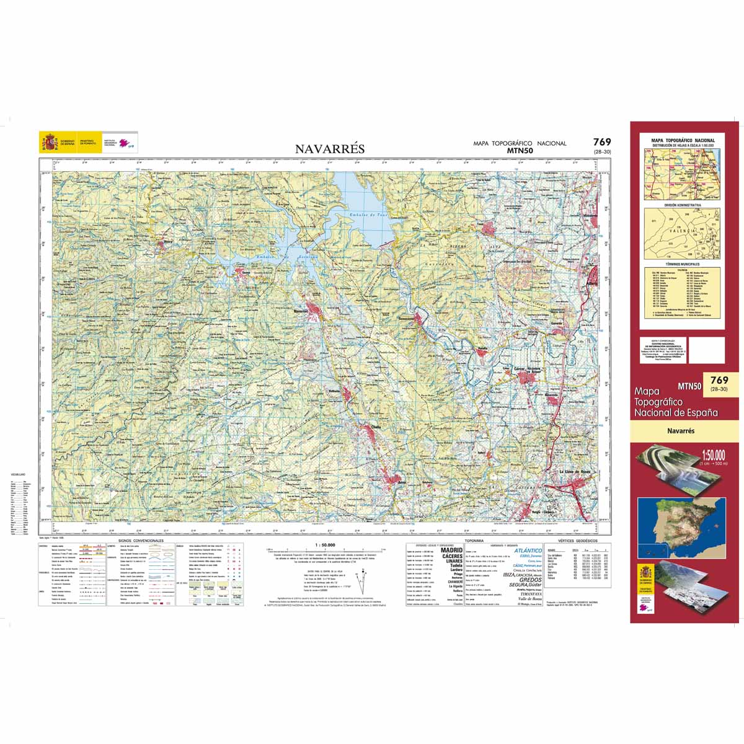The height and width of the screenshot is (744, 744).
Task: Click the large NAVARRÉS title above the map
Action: pos(330,149)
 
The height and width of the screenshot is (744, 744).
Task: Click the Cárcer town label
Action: pos(520,368)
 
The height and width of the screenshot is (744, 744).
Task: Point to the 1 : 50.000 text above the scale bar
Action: pos(326,544)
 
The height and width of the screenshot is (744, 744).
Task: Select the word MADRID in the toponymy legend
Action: pos(451,550)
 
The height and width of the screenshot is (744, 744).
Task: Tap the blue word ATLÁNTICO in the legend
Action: pos(528,551)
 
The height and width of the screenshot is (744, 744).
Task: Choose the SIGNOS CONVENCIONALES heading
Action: pos(141,541)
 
